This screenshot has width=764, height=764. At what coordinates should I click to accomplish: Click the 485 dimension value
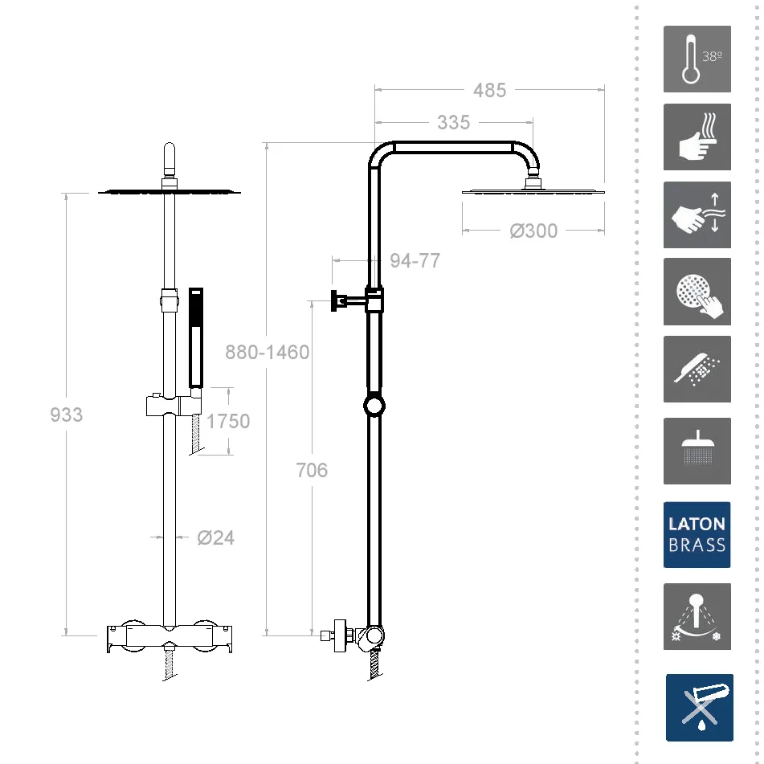[x=489, y=90]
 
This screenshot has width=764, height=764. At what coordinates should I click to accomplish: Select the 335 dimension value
[x=453, y=122]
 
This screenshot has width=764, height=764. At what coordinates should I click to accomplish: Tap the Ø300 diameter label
[x=533, y=231]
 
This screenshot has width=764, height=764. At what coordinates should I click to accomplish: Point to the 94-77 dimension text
[x=415, y=260]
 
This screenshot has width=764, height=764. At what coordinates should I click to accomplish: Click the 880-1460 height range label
[x=267, y=352]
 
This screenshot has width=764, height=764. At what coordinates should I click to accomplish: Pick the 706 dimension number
[x=312, y=470]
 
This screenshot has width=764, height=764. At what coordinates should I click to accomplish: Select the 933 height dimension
[x=66, y=415]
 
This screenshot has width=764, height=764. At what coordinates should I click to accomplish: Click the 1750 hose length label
[x=228, y=421]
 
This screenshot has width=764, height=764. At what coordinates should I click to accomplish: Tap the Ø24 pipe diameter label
[x=216, y=537]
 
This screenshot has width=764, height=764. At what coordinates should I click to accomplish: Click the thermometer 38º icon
[x=697, y=59]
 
